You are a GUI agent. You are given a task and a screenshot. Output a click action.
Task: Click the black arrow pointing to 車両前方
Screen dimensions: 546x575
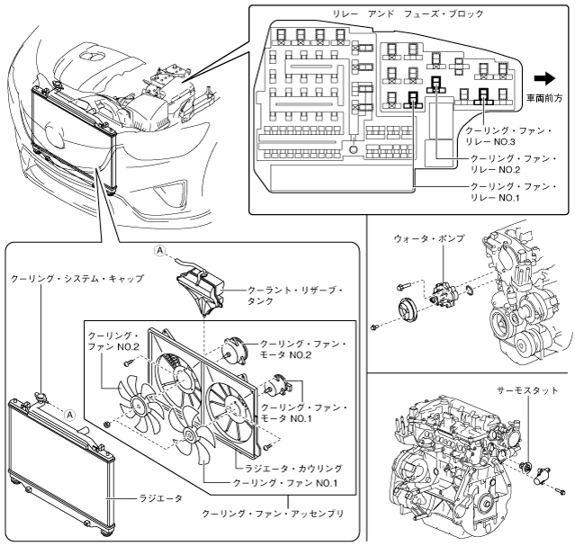click(x=544, y=78)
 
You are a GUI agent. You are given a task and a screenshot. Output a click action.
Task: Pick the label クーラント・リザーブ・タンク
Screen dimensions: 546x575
click(x=287, y=297)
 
